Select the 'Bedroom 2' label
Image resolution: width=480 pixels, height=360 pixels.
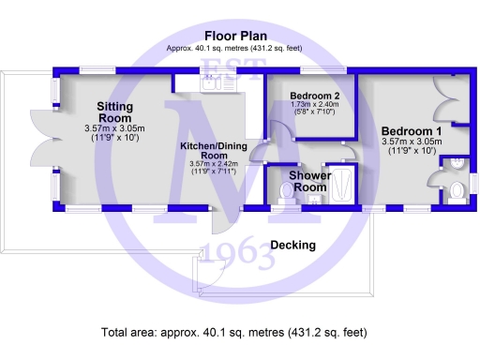(x=315, y=97)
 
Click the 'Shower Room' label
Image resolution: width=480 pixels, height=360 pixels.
(x=308, y=181)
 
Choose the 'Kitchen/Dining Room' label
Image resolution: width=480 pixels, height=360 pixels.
(x=214, y=152)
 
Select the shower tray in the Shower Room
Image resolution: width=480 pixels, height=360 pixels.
(x=342, y=183)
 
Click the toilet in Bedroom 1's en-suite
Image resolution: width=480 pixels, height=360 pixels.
(x=456, y=191)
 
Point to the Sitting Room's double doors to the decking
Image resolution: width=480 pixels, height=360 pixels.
(x=42, y=141)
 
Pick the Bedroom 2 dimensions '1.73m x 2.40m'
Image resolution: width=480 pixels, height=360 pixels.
(x=313, y=105)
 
